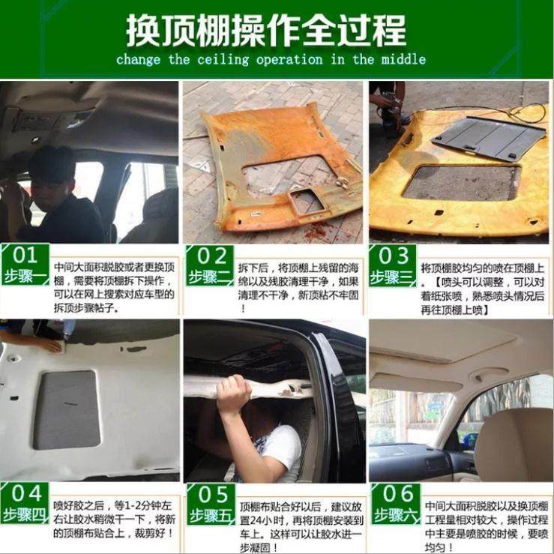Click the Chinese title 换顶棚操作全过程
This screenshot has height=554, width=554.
266,30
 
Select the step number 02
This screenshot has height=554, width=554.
211,256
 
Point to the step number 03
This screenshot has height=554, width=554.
394,255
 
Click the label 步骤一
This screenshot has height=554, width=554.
26,275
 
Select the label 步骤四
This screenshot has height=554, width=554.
26,514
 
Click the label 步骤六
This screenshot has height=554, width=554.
394,515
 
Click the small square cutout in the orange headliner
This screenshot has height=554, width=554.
305,200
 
